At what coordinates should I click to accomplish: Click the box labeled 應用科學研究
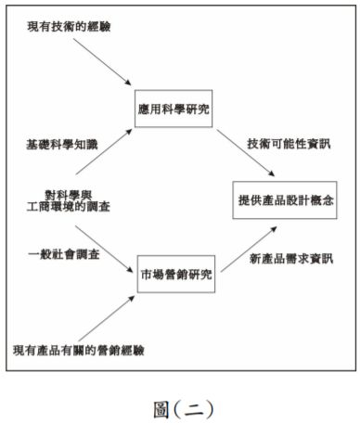click(173, 109)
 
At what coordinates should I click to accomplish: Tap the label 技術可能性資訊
click(285, 145)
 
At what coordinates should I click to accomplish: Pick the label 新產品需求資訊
click(284, 256)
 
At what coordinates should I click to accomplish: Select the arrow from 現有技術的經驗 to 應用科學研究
click(101, 65)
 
